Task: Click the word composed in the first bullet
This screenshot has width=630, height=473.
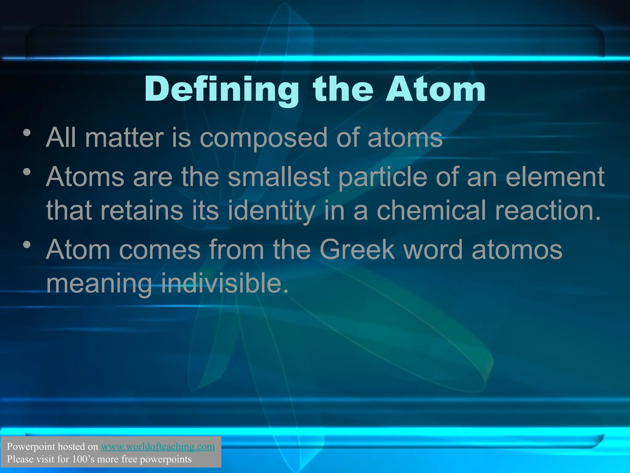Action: point(263,138)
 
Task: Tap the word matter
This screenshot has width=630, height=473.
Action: point(124,138)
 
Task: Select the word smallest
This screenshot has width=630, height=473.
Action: point(279,177)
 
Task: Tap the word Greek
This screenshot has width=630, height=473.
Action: point(357,249)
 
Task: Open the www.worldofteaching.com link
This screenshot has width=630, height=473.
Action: point(158,447)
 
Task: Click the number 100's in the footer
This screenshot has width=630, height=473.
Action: point(83,459)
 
